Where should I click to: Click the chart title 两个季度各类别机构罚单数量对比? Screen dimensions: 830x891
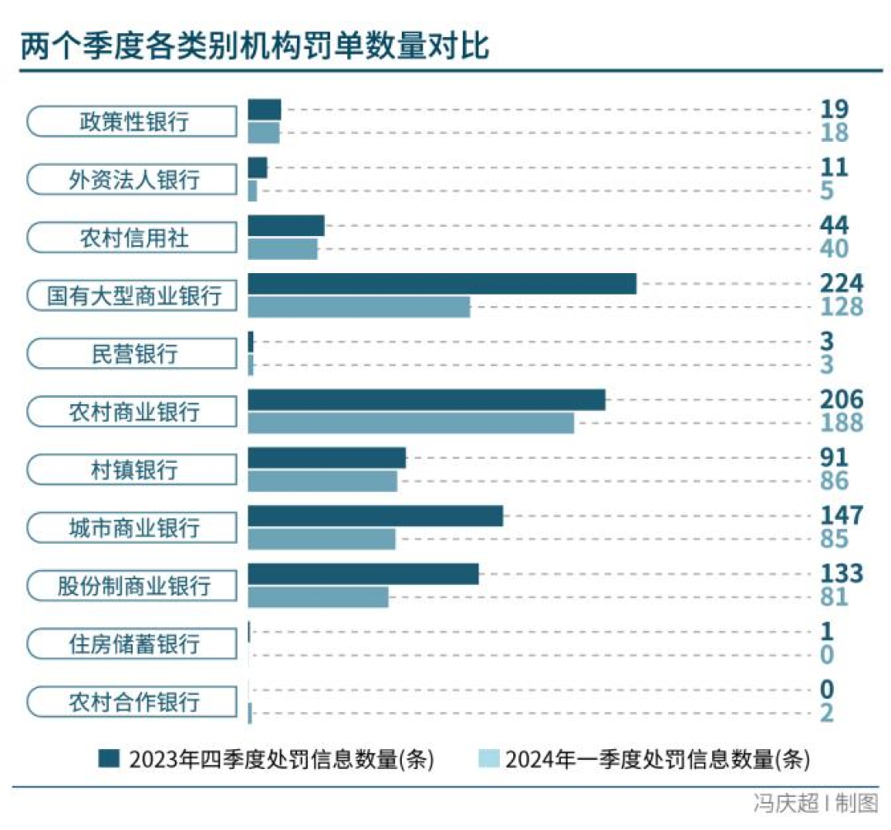256,47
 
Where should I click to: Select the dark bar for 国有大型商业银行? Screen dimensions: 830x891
442,284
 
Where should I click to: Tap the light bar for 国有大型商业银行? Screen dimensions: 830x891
359,307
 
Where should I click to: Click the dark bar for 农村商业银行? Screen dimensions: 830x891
427,400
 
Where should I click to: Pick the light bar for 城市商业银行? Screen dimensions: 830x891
322,539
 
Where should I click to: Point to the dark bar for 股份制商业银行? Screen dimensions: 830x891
363,574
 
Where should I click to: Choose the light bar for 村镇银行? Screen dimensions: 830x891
323,480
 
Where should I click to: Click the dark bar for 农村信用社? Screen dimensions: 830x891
286,226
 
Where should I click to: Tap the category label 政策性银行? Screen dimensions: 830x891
134,122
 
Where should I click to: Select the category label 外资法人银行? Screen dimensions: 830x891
134,180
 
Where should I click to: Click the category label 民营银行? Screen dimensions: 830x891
134,354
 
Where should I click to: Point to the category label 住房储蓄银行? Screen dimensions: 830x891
134,644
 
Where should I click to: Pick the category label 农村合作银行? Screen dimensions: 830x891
134,702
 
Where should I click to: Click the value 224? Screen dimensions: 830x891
841,284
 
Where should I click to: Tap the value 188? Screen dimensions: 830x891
841,423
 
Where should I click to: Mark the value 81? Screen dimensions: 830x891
834,597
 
